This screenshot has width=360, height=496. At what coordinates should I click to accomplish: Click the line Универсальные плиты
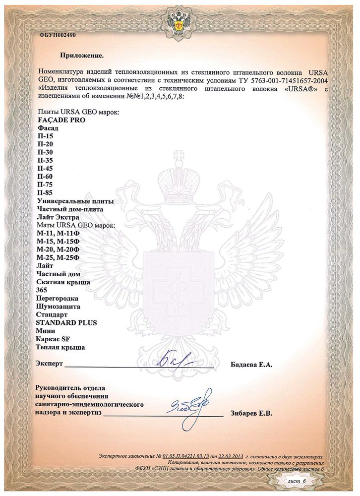75,201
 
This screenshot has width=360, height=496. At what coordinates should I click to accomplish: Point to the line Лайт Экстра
59,217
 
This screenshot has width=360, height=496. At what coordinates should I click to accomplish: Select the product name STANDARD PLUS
66,323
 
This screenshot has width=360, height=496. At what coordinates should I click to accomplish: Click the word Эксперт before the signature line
50,364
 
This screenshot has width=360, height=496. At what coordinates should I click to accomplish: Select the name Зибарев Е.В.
251,413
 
